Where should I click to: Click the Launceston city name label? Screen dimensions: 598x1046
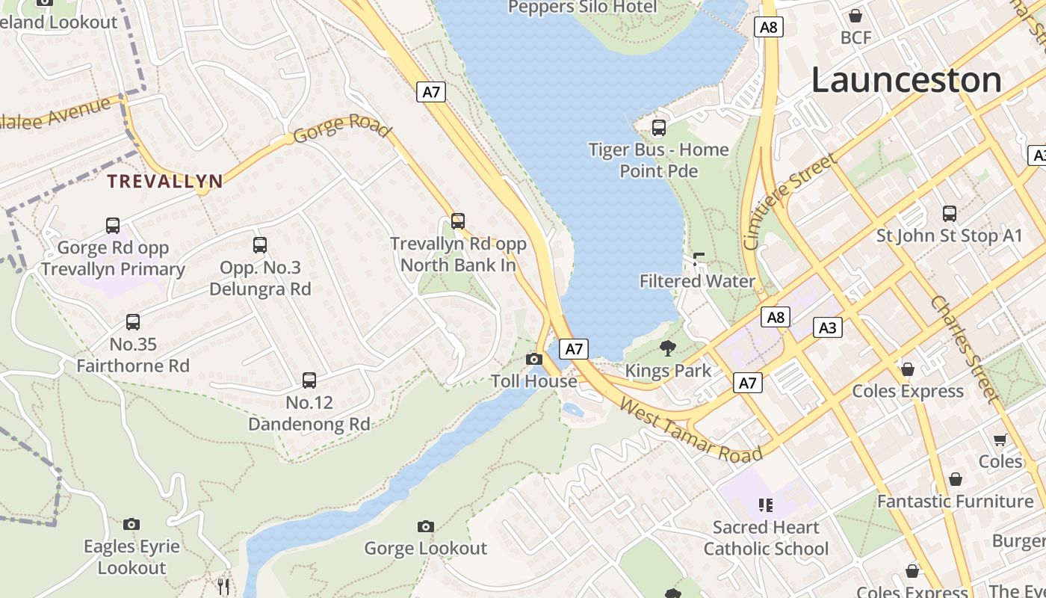coord(906,80)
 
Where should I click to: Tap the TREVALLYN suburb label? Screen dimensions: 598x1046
coord(164,181)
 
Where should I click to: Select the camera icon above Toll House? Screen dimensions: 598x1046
coord(533,360)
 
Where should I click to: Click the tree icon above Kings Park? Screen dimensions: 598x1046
coord(668,348)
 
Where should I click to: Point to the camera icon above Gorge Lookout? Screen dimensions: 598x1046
coord(426,527)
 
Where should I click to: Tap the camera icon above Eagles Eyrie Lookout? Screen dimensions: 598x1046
coord(131,525)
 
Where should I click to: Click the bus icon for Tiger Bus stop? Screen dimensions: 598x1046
coord(658,128)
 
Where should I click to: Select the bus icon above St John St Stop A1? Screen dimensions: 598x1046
coord(949,214)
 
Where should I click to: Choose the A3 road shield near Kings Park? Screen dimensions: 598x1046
coord(828,327)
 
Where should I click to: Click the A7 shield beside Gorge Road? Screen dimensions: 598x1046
coord(431,92)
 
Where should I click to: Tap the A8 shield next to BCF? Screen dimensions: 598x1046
coord(768,28)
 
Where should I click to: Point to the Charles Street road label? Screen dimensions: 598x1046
coord(965,349)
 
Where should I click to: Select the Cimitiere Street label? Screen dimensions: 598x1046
coord(790,202)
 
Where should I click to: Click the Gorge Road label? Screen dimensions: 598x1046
coord(342,128)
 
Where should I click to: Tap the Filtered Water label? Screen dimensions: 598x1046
coord(697,281)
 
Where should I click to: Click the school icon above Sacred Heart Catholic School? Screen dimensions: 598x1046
coord(765,505)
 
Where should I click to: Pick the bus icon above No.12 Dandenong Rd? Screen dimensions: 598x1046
coord(309,380)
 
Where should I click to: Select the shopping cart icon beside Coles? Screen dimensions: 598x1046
coord(1000,440)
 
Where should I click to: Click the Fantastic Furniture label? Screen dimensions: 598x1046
coord(955,501)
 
